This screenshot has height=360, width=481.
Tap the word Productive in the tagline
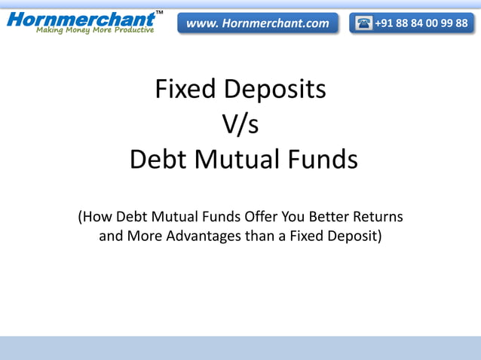127,30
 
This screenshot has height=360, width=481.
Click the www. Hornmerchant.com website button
258,23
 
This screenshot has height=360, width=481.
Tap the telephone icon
363,23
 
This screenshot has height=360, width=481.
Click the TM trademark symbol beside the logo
159,13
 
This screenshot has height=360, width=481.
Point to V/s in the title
240,124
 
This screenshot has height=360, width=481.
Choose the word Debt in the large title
155,160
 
